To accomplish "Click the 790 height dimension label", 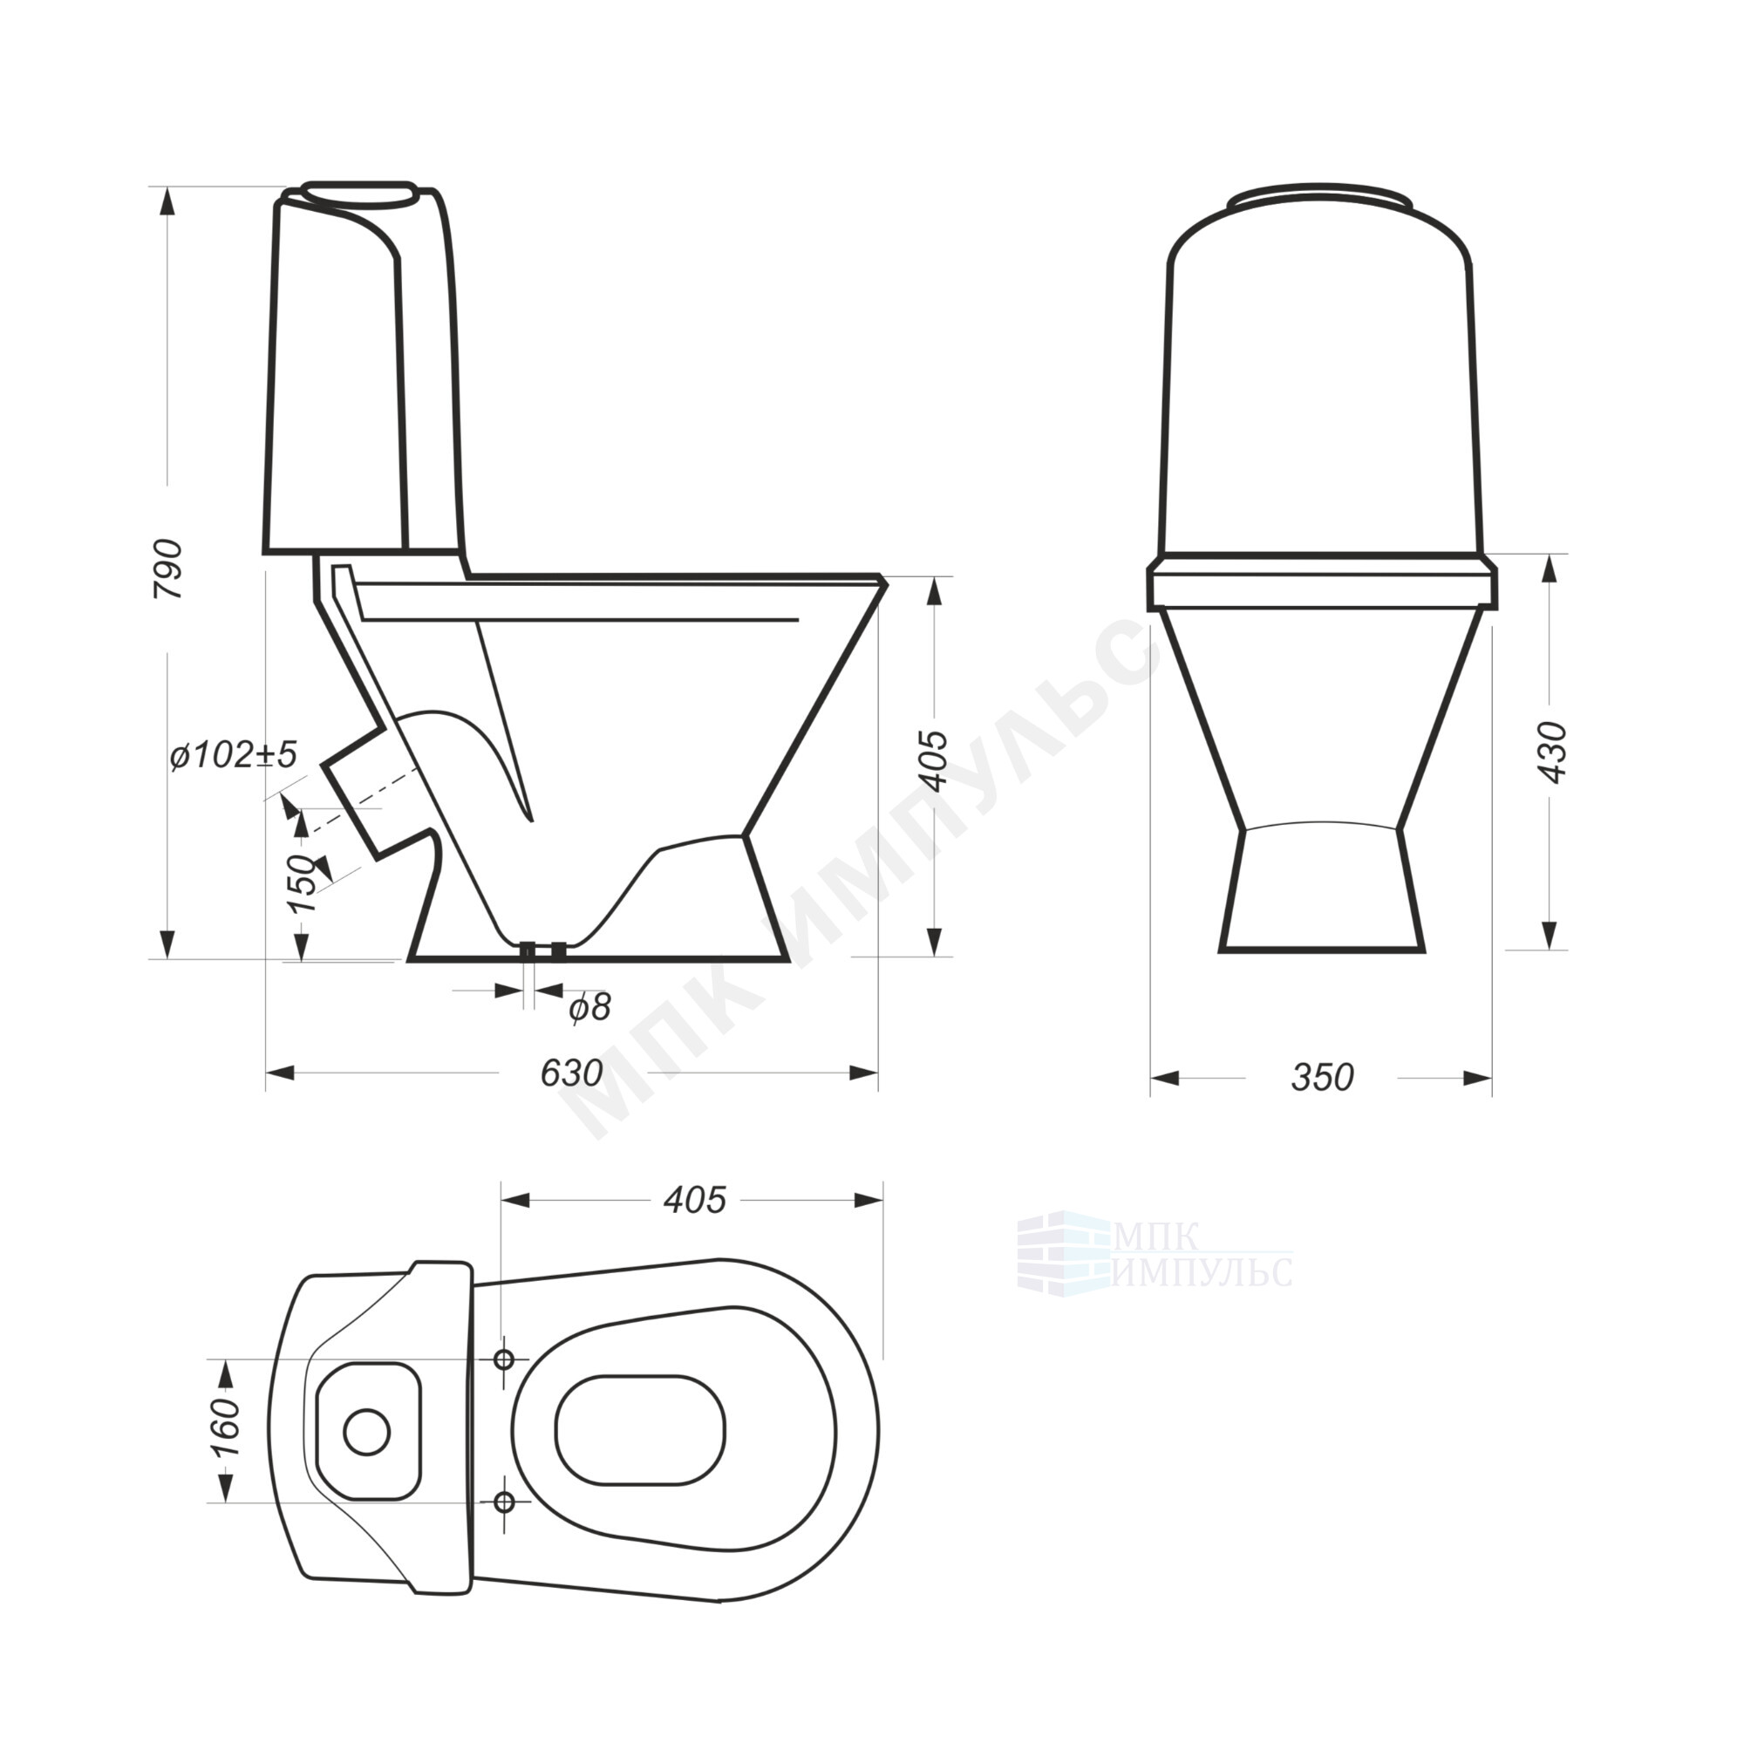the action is click(x=168, y=569).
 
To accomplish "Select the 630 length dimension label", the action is click(x=571, y=1073).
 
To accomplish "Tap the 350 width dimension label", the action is click(x=1323, y=1077).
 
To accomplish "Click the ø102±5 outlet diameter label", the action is click(x=233, y=754).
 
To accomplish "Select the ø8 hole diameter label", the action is click(x=589, y=1007).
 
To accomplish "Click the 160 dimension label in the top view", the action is click(x=226, y=1427).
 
